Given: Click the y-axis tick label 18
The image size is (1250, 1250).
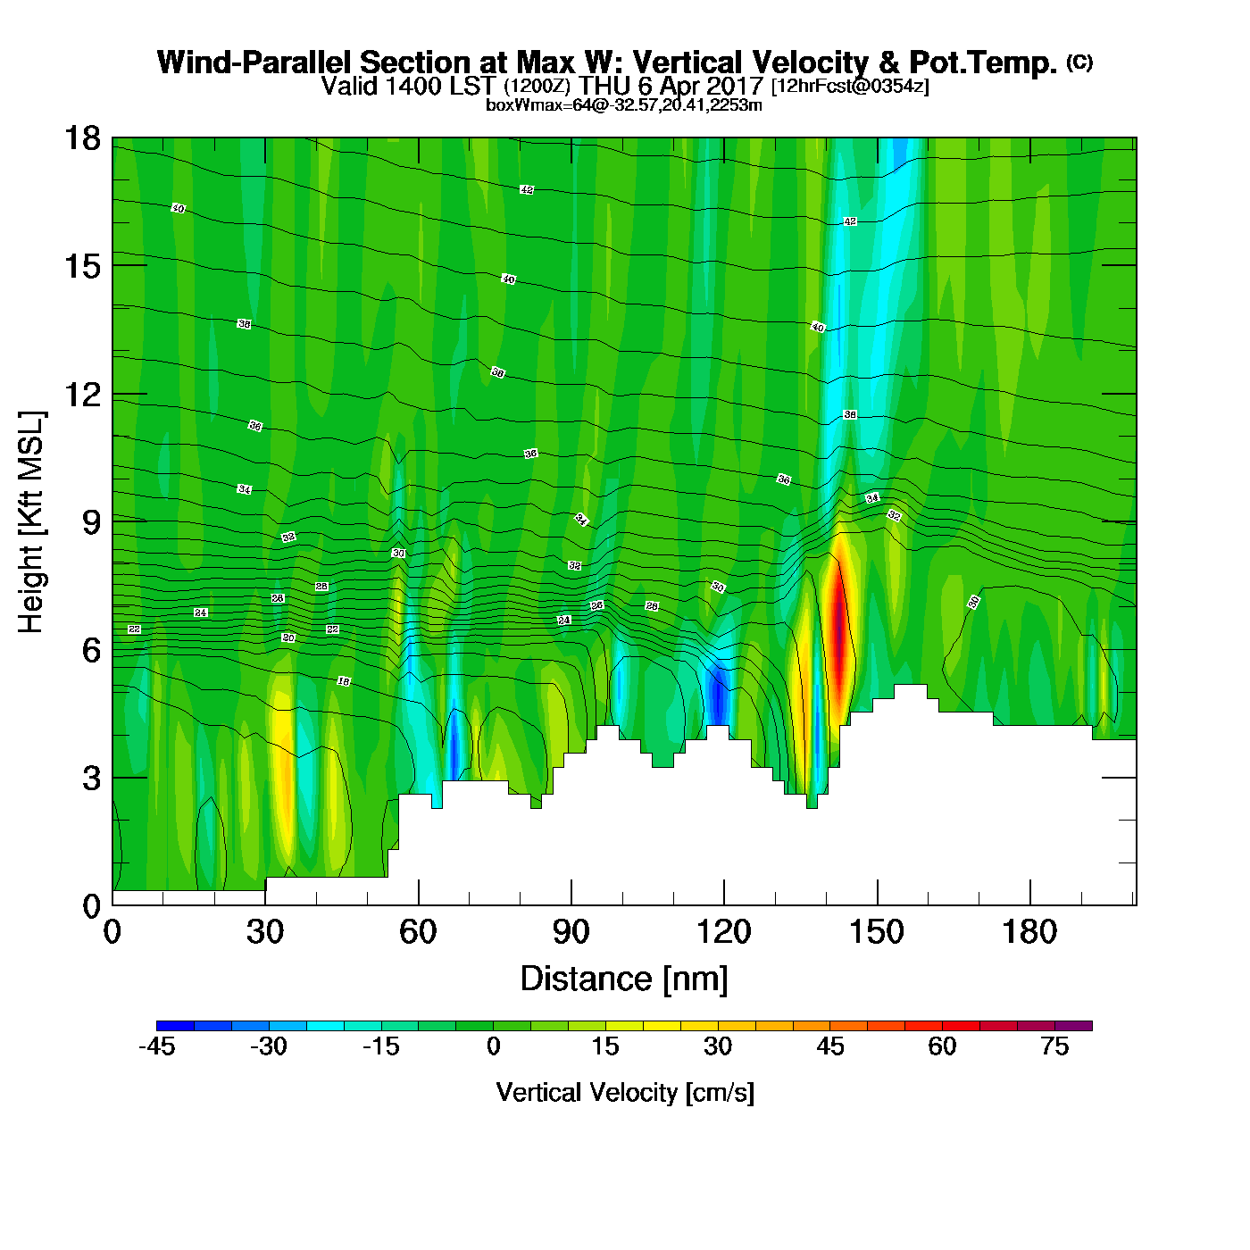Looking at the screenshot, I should [81, 138].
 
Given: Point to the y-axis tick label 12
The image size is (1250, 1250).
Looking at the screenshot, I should [81, 394].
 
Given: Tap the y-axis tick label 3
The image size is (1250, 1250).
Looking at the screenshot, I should [91, 778].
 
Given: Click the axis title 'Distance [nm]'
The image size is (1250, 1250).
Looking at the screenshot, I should [624, 979].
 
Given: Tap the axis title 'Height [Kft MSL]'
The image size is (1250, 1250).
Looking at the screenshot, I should [31, 522].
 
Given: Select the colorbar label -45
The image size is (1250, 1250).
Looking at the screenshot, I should [156, 1046].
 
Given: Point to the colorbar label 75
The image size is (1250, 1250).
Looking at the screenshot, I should [1054, 1046].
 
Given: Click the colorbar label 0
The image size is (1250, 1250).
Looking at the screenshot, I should [493, 1046].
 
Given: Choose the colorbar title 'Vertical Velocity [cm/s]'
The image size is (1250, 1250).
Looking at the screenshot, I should [625, 1093].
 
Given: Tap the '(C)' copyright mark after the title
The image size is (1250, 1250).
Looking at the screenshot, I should [1079, 62].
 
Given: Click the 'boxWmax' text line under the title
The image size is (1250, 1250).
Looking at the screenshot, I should [624, 105].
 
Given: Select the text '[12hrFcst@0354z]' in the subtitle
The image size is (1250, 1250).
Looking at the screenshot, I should [850, 87].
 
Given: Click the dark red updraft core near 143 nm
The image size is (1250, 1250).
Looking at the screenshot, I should [839, 625].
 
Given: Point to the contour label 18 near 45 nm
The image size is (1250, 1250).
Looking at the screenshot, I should [344, 681].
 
